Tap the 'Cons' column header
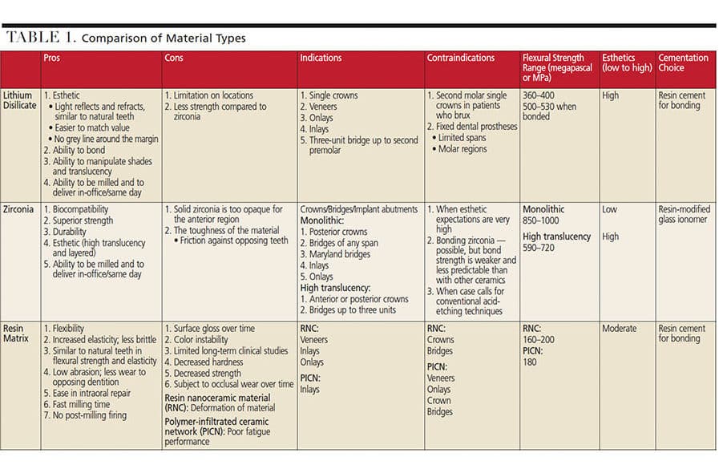174,59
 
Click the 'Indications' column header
321,59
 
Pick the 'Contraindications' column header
461,59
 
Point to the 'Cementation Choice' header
683,63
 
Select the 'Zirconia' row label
19,210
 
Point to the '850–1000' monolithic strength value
543,221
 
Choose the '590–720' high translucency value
539,249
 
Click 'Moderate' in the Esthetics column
620,329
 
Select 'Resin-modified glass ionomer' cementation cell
684,215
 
